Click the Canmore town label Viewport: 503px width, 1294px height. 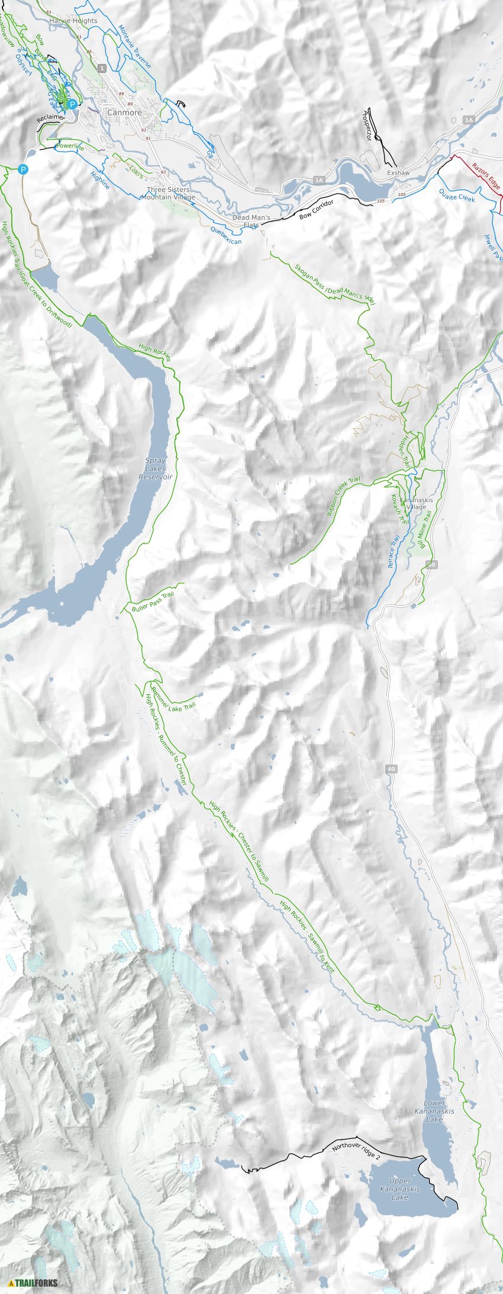pyautogui.click(x=124, y=113)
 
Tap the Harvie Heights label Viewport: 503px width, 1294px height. pyautogui.click(x=73, y=21)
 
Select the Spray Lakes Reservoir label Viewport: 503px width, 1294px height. pyautogui.click(x=155, y=468)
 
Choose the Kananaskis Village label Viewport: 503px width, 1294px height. pyautogui.click(x=417, y=503)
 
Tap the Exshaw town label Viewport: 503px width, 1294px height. pyautogui.click(x=398, y=173)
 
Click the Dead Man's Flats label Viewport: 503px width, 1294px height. pyautogui.click(x=251, y=221)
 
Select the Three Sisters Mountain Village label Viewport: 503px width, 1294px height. pyautogui.click(x=167, y=194)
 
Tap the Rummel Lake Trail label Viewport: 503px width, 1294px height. pyautogui.click(x=173, y=698)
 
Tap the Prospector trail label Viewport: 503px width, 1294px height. pyautogui.click(x=367, y=125)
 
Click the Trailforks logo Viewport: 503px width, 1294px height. pyautogui.click(x=33, y=1283)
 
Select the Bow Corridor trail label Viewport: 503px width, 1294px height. pyautogui.click(x=316, y=209)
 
